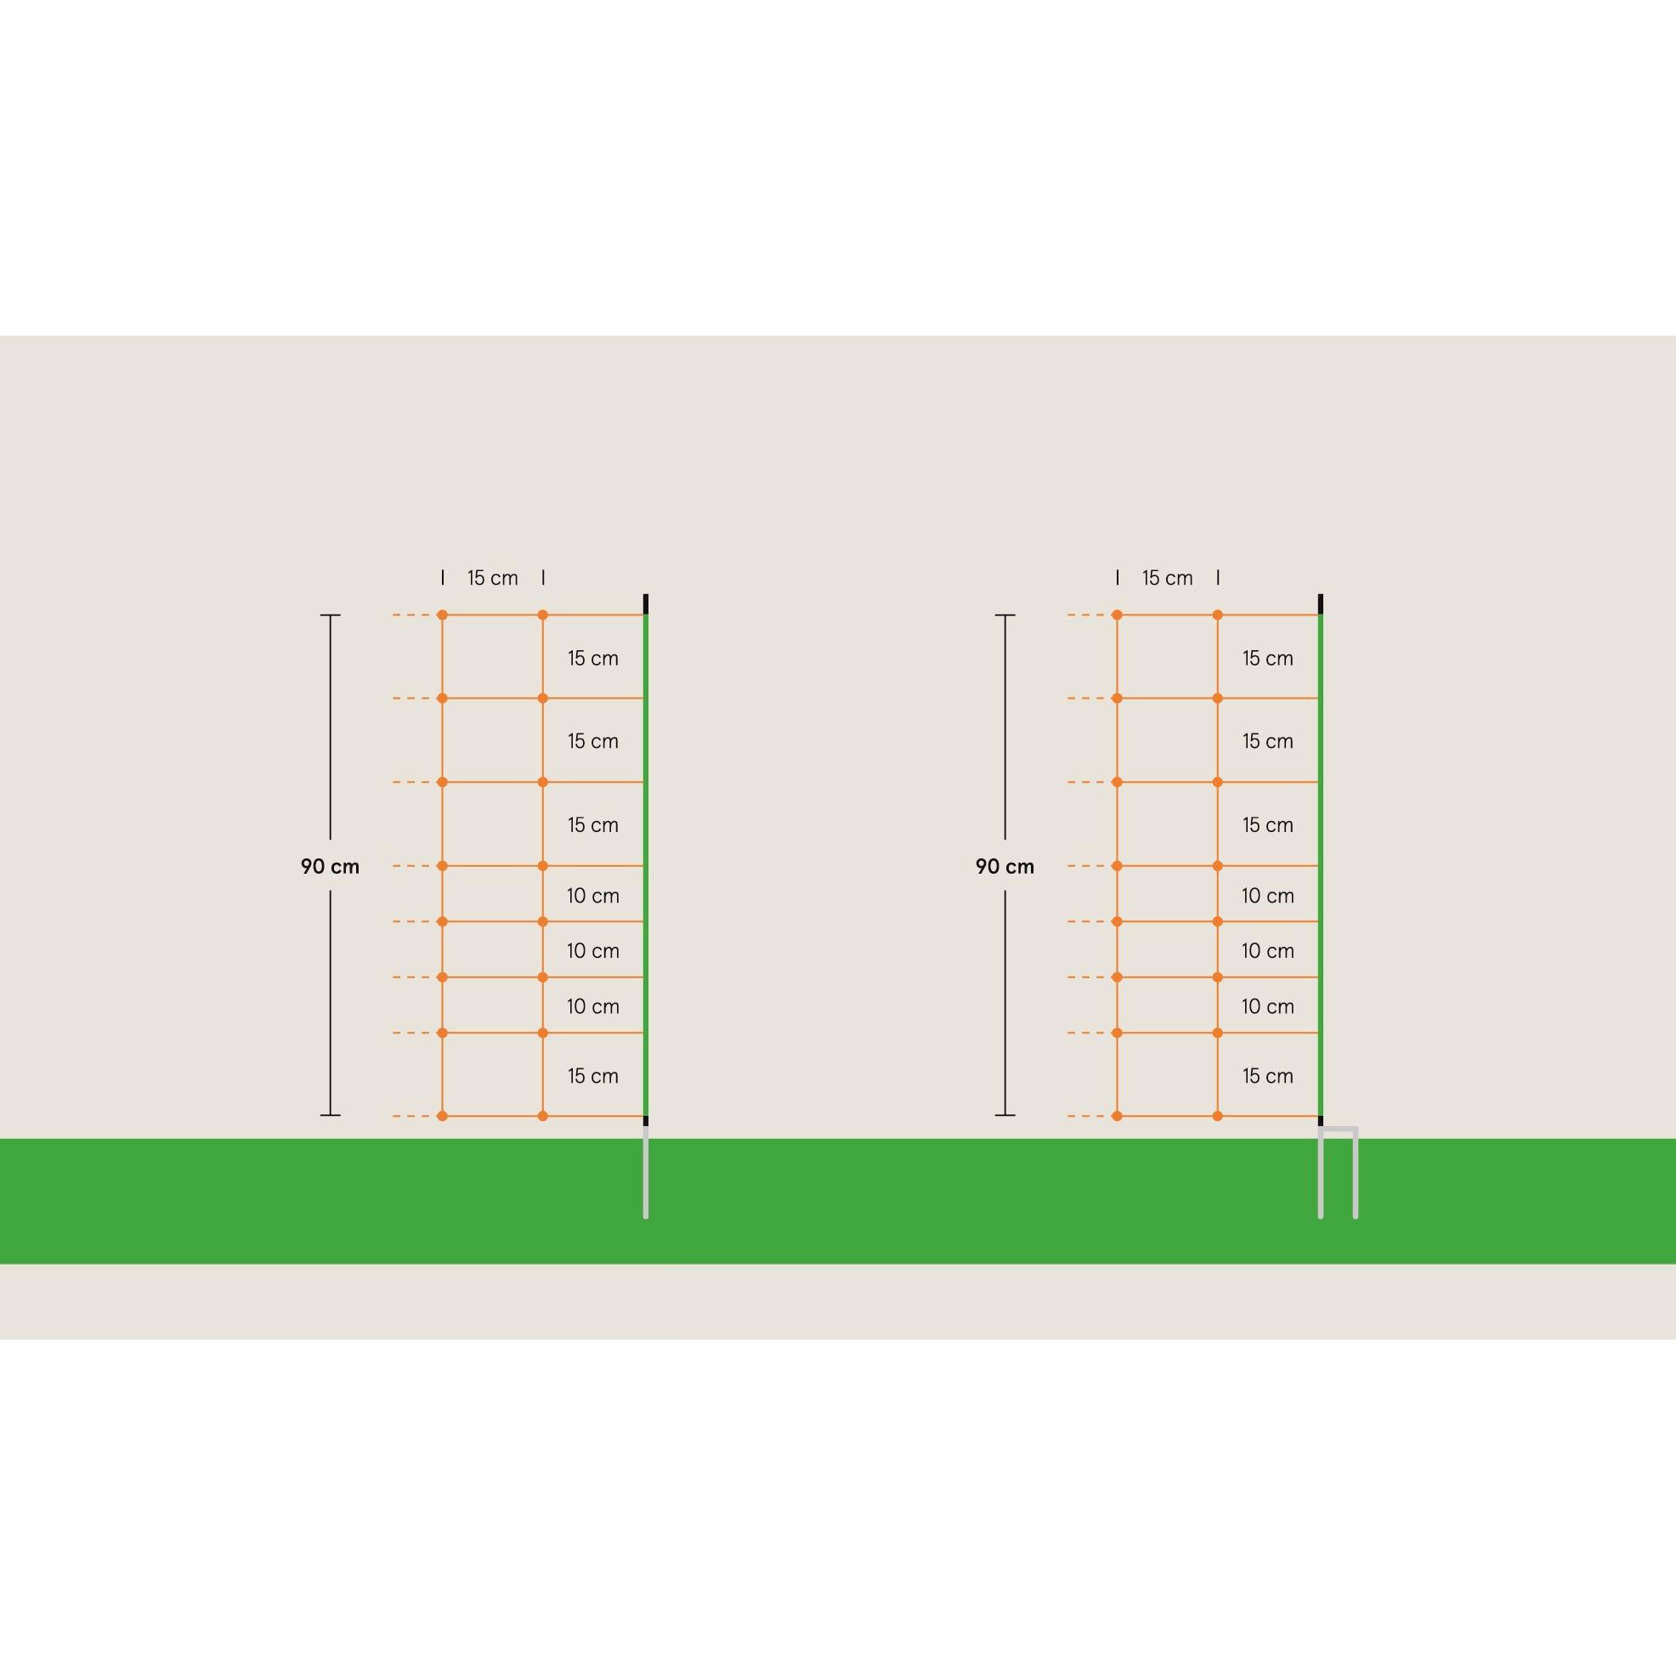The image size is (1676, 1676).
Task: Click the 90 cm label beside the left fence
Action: pyautogui.click(x=330, y=866)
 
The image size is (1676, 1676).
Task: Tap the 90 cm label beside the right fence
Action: pyautogui.click(x=1005, y=866)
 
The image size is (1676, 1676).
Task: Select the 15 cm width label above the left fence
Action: pyautogui.click(x=493, y=578)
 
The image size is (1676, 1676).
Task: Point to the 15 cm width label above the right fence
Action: pyautogui.click(x=1168, y=578)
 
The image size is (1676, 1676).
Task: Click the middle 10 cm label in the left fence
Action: pyautogui.click(x=593, y=950)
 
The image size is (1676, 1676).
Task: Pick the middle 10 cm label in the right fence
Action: pyautogui.click(x=1267, y=950)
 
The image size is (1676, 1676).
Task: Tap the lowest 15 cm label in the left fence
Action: pyautogui.click(x=593, y=1076)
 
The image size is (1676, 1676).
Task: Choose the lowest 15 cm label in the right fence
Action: pyautogui.click(x=1267, y=1076)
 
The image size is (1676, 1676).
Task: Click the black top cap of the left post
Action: pyautogui.click(x=645, y=603)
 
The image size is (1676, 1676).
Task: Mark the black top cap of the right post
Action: pyautogui.click(x=1321, y=603)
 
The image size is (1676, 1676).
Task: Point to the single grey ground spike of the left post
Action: pyautogui.click(x=645, y=1172)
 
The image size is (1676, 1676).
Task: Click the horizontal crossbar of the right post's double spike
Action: pyautogui.click(x=1338, y=1129)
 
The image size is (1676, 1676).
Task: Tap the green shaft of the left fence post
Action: pyautogui.click(x=645, y=865)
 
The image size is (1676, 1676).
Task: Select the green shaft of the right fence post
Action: pyautogui.click(x=1321, y=865)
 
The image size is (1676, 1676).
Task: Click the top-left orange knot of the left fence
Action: pyautogui.click(x=443, y=615)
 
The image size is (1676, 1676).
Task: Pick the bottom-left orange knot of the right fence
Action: pyautogui.click(x=1118, y=1116)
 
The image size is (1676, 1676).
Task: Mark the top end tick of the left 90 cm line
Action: pyautogui.click(x=330, y=615)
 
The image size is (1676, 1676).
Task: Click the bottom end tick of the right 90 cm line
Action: pyautogui.click(x=1005, y=1115)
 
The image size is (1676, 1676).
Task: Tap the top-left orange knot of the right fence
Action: pyautogui.click(x=1118, y=615)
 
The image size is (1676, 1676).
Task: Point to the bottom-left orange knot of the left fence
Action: pyautogui.click(x=443, y=1116)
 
